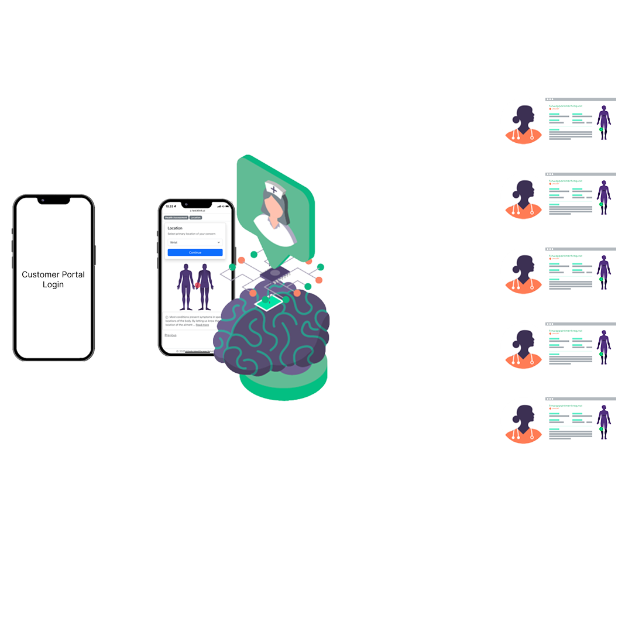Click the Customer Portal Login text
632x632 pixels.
[x=53, y=280]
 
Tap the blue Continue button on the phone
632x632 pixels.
[x=195, y=252]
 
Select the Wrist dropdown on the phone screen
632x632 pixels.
[x=195, y=242]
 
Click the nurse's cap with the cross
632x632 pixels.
[x=273, y=189]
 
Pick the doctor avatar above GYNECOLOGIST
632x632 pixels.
[x=523, y=421]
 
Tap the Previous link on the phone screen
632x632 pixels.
[x=170, y=335]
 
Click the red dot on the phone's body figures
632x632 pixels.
[x=198, y=285]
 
